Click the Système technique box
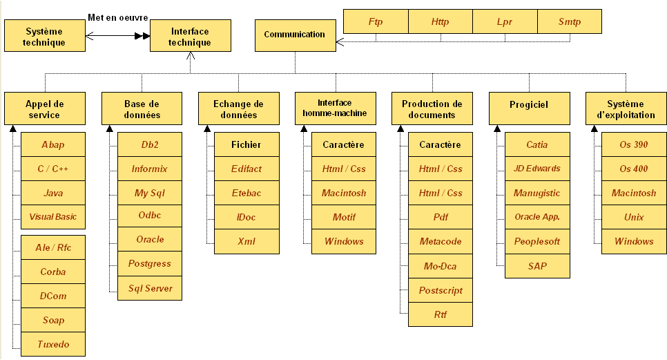(45, 36)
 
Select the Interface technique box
(191, 36)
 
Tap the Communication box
(296, 36)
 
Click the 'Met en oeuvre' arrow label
(118, 17)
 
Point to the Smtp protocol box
(570, 21)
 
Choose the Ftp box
(376, 21)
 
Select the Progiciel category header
(529, 108)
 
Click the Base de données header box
(142, 108)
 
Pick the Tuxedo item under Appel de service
(53, 344)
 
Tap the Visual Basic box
(53, 217)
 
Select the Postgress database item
(150, 264)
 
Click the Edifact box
(246, 169)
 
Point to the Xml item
(246, 242)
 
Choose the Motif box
(344, 218)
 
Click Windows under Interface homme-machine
(344, 242)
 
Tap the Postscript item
(441, 291)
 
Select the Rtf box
(441, 314)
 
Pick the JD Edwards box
(537, 169)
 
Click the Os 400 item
(634, 169)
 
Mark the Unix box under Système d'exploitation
(634, 218)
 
